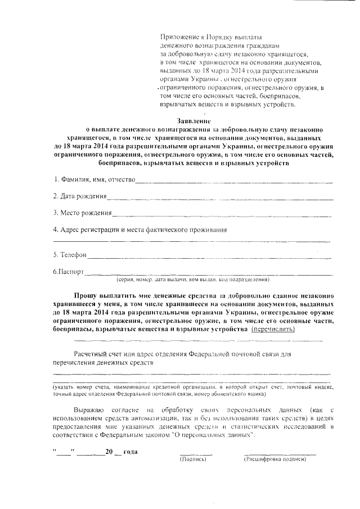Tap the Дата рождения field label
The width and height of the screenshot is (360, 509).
80,196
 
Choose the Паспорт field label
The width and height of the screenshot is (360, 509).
68,272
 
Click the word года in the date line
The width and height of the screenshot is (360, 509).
130,452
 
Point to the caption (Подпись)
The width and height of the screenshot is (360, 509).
193,460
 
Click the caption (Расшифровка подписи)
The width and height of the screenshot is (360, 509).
274,460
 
